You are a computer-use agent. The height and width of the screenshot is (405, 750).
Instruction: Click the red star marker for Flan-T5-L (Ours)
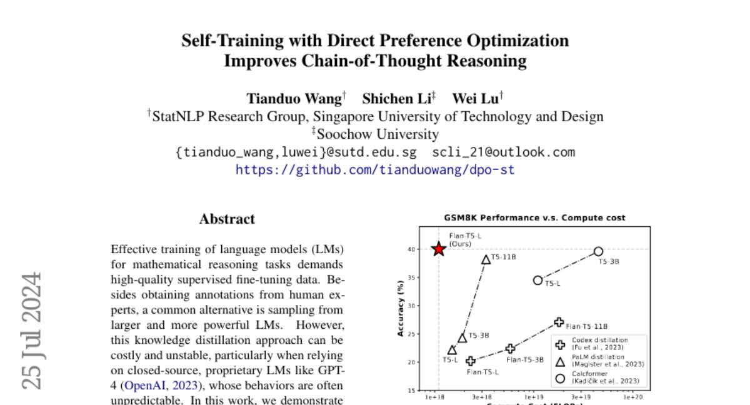coord(439,249)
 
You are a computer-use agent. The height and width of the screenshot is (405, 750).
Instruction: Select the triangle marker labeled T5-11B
coord(486,259)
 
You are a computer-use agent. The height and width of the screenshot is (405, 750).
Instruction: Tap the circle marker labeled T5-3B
coord(598,251)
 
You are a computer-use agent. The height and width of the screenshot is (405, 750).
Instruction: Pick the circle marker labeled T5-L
coord(537,280)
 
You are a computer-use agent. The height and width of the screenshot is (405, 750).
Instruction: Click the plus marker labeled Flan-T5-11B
coord(559,322)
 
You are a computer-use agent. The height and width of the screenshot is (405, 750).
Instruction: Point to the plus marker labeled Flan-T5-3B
coord(510,349)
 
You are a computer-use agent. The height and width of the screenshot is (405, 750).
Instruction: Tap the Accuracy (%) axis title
coord(401,307)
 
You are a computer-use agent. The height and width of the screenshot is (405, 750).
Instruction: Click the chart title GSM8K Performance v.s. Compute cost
coord(535,218)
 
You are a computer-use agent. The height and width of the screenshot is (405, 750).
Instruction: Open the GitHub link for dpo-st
coord(375,169)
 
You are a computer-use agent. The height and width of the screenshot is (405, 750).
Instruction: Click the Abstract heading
coord(227,219)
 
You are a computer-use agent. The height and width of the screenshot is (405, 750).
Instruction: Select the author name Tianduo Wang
coord(294,98)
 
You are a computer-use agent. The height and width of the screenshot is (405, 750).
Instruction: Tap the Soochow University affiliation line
coord(377,134)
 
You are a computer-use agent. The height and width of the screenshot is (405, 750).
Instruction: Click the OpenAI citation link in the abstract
coord(146,385)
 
